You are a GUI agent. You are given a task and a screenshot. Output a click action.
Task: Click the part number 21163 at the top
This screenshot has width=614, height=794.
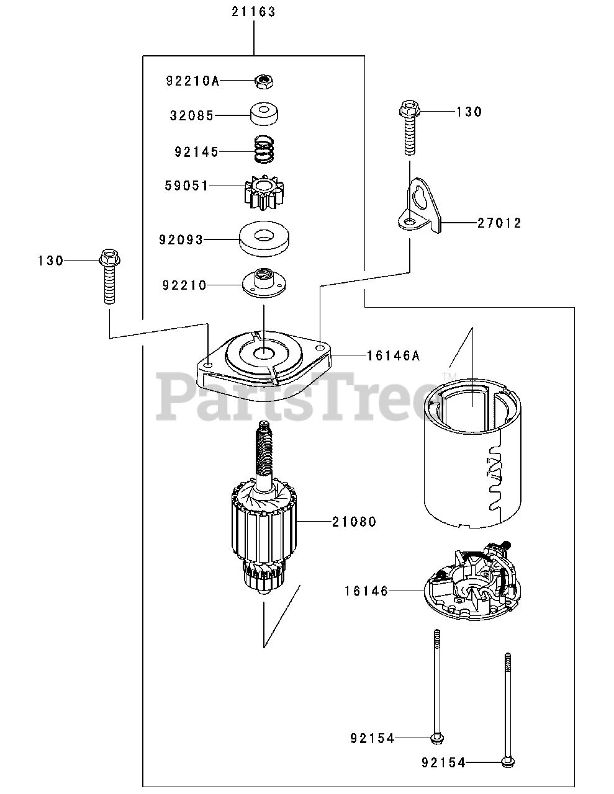pyautogui.click(x=254, y=12)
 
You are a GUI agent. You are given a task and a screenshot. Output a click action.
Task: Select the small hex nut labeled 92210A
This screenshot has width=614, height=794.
pyautogui.click(x=265, y=80)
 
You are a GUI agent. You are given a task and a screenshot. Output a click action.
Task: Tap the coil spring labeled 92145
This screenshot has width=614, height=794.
pyautogui.click(x=265, y=150)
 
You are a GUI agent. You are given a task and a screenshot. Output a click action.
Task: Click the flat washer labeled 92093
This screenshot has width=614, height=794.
pyautogui.click(x=267, y=239)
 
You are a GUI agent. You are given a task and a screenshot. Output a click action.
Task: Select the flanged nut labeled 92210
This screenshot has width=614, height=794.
pyautogui.click(x=265, y=285)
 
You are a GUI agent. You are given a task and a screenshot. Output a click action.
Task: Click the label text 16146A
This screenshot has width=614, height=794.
pyautogui.click(x=394, y=355)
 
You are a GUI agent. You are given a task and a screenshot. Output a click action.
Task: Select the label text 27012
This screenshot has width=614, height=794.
pyautogui.click(x=499, y=223)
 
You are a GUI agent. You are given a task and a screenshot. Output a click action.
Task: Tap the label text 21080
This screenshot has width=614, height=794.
pyautogui.click(x=354, y=522)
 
